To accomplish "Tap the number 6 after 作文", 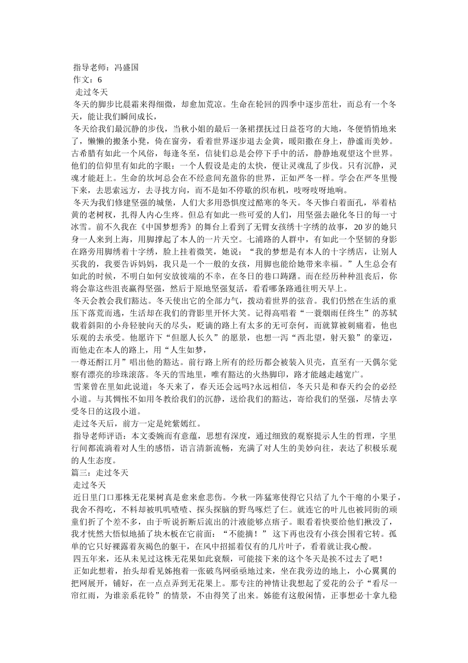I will pyautogui.click(x=100, y=79).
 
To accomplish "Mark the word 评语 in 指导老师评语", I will pyautogui.click(x=119, y=436).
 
